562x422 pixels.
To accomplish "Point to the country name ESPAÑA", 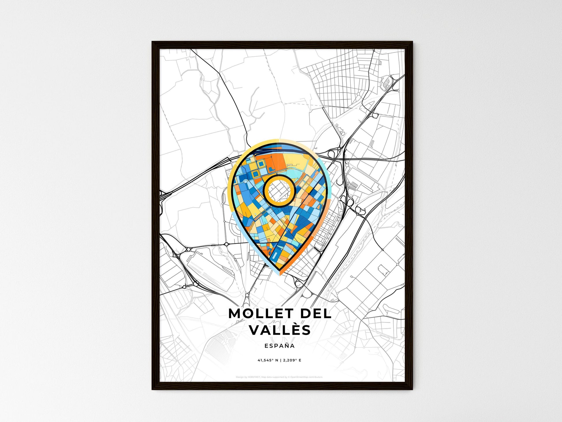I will click(280, 346).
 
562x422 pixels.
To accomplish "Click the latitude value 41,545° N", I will click(268, 360).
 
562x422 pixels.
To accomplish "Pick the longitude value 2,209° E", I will click(292, 360).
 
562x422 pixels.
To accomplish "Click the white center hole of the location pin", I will click(279, 191).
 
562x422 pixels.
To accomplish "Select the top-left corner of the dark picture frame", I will click(153, 42).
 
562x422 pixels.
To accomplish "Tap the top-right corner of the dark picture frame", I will click(412, 42).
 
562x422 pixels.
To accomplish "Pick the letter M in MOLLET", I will click(235, 314).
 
